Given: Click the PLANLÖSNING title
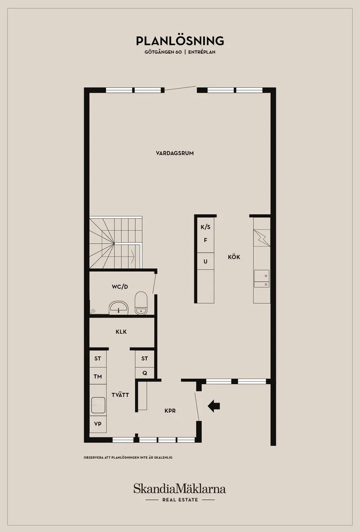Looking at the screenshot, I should pos(180,41).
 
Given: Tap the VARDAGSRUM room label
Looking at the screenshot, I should pos(175,153).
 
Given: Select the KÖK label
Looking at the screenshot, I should pos(234,257).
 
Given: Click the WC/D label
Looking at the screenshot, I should pos(120,286).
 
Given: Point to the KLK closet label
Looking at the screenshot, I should pos(121,331).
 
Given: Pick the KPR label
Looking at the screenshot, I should pos(170,411).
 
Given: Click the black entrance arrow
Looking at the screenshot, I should pos(213,406).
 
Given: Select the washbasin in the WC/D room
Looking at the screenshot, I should pos(118,307).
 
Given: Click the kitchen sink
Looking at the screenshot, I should pos(262,279).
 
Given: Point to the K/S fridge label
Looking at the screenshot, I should pos(206,227).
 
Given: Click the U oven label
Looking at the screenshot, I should pos(206,261).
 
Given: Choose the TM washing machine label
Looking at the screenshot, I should pos(98,376).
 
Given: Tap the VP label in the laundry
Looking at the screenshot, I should pos(98,423).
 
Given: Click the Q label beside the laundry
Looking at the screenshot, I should pos(144,373).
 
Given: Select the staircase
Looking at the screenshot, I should pos(116,243).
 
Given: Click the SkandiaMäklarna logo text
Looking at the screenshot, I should pos(180,488).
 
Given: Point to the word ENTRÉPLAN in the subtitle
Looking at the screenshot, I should pos(202,52).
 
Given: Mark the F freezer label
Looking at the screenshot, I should pos(206,240).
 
